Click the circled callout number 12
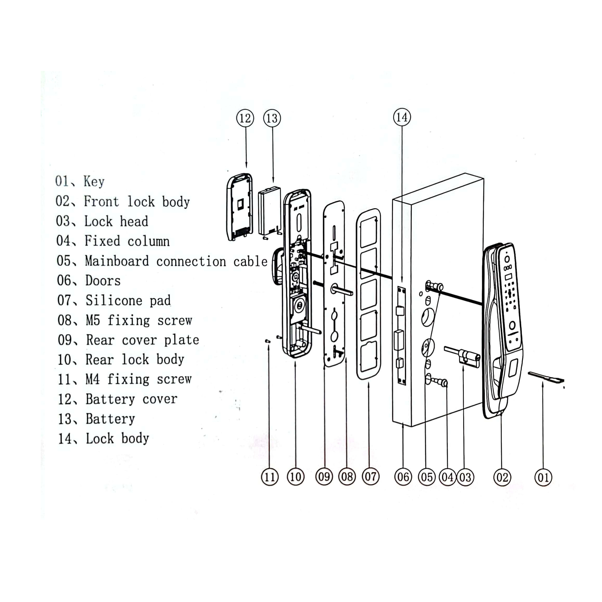coord(245,118)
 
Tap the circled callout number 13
coord(272,118)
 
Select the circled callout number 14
coord(402,117)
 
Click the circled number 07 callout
coord(371,477)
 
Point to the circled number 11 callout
coord(270,477)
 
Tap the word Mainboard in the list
coord(117,261)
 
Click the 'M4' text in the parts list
coord(93,379)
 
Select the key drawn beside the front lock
coord(546,377)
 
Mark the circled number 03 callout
coord(465,477)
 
